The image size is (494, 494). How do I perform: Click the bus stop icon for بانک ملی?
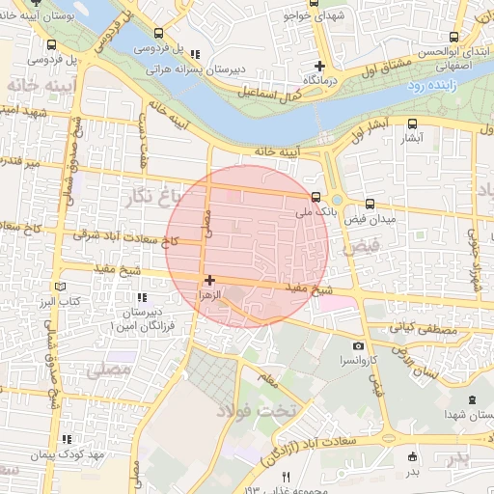click(317, 193)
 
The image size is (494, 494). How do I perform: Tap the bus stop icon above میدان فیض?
click(370, 204)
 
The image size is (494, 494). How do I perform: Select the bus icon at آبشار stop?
click(413, 123)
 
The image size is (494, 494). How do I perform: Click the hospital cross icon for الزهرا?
click(209, 280)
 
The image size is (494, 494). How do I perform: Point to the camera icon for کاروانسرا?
click(359, 345)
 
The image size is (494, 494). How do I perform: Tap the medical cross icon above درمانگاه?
click(321, 66)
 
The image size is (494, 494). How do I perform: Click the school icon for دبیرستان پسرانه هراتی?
click(196, 55)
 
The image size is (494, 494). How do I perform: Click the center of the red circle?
click(248, 246)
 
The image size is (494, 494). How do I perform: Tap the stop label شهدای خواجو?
click(314, 16)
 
